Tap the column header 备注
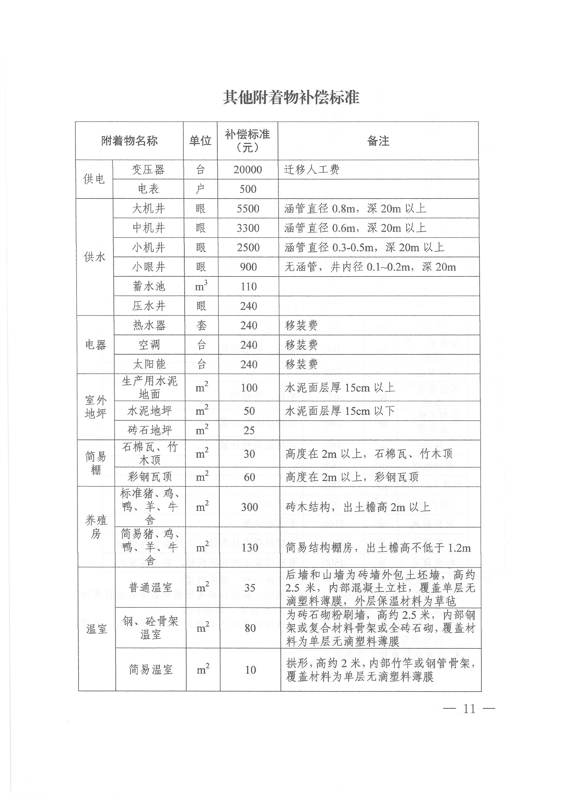click(x=377, y=141)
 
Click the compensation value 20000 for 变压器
click(x=249, y=170)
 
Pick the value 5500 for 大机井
click(x=249, y=210)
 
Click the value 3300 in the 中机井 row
click(x=249, y=229)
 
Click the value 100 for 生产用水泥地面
click(x=249, y=388)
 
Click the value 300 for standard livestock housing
click(x=249, y=507)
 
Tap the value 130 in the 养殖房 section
click(x=249, y=547)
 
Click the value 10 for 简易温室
click(x=249, y=670)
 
